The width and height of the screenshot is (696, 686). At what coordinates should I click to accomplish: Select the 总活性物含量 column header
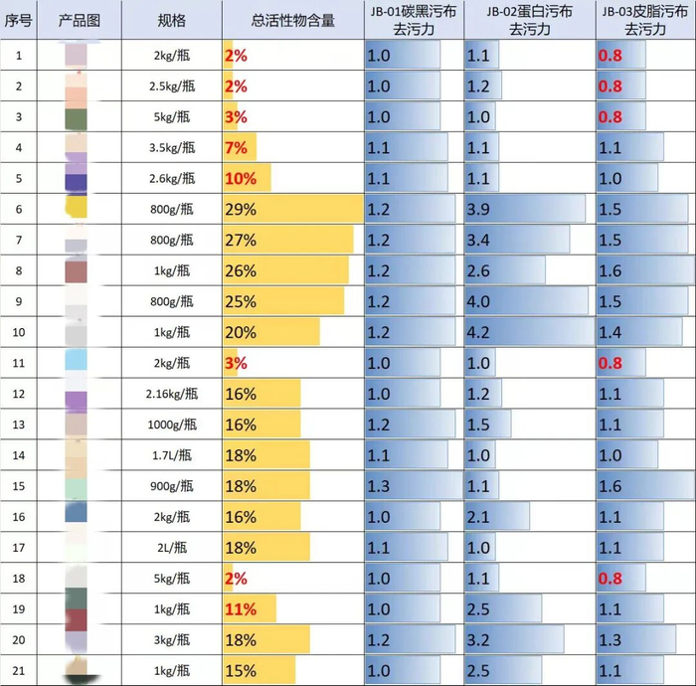[292, 20]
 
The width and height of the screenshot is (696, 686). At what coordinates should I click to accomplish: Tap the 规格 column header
[172, 20]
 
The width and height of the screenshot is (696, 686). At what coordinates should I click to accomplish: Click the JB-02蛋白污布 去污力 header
[528, 20]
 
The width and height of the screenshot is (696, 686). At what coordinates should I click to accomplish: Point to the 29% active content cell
[242, 209]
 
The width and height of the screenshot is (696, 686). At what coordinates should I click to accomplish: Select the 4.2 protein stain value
[479, 332]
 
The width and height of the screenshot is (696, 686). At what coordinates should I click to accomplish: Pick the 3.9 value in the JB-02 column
[479, 209]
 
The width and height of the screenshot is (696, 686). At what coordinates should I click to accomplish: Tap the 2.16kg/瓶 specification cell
[172, 394]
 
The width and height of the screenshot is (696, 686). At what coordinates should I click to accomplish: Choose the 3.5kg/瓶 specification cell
[172, 148]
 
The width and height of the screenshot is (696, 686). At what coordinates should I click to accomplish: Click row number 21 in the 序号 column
[19, 669]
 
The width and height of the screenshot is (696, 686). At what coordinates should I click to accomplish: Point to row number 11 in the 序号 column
[19, 363]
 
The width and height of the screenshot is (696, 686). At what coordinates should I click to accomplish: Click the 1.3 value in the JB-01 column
[379, 486]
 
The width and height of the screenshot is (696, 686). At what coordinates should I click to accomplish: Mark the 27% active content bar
[288, 240]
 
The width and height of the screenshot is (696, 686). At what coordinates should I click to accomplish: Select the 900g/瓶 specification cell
[172, 486]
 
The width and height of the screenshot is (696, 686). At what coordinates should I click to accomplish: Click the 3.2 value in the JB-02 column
[479, 639]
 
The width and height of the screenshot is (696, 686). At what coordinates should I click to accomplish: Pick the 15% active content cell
[242, 670]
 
